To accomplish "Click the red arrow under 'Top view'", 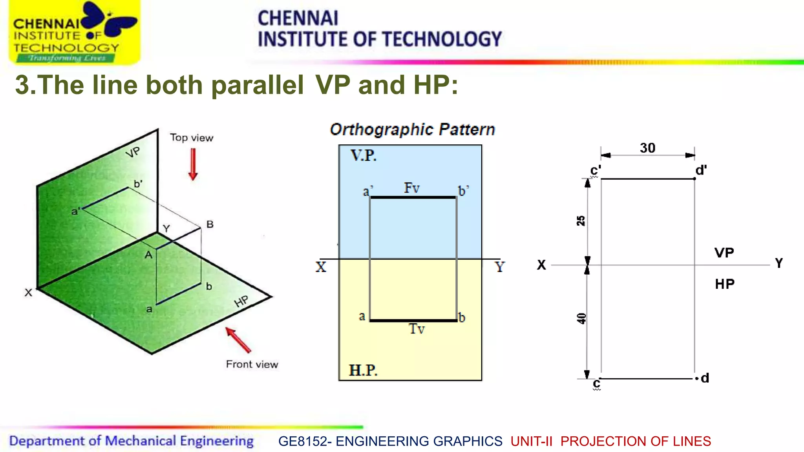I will (193, 164).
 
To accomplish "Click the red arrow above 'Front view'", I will (238, 339).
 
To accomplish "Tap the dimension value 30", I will (647, 148).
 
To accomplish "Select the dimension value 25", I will (581, 221).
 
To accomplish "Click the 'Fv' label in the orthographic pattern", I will (412, 188).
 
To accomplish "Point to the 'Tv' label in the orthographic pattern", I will (417, 329).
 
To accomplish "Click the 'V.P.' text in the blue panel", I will (364, 156).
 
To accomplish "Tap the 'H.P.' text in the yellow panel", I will (363, 370).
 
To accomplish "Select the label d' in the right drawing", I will (701, 170).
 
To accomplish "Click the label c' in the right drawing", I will (595, 171).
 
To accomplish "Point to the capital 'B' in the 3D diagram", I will (210, 224).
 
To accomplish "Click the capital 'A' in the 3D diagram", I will (148, 255).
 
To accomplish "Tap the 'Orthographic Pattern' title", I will (412, 129).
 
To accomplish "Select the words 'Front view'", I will (252, 365).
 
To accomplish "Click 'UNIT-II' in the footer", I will (531, 441).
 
